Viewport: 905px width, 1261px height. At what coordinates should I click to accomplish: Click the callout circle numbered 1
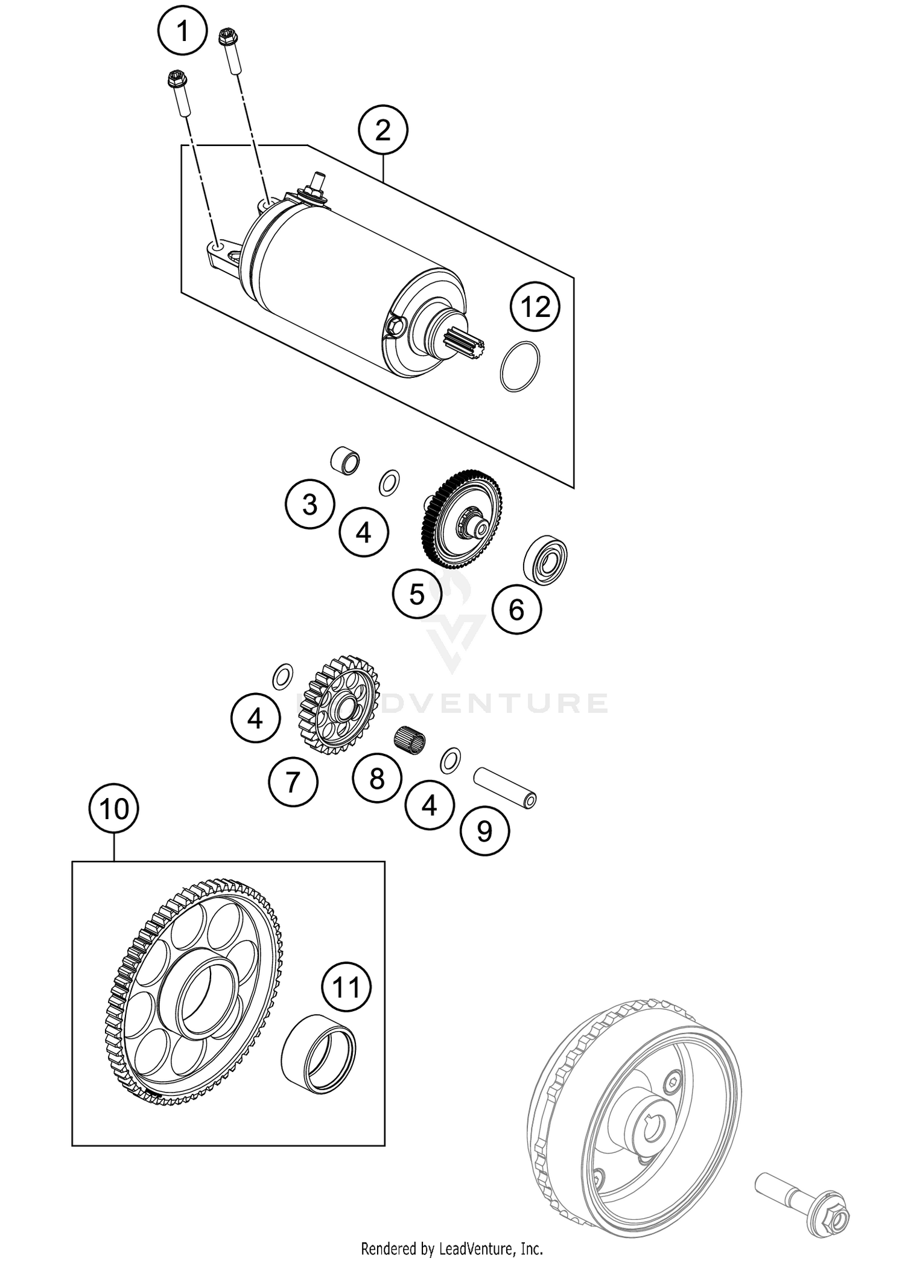point(183,31)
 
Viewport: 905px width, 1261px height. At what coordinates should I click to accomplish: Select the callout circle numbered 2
point(383,130)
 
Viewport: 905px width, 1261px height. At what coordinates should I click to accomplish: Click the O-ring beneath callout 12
point(520,367)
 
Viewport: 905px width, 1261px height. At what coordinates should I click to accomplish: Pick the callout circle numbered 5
point(417,594)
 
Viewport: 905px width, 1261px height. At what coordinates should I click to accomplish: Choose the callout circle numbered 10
point(114,808)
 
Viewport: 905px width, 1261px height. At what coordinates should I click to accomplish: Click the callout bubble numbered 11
point(346,988)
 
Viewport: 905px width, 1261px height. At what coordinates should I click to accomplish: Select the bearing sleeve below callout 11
point(319,1053)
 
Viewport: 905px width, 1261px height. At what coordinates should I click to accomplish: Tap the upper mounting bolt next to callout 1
point(230,51)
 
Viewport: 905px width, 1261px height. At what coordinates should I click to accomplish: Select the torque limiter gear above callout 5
point(462,519)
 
